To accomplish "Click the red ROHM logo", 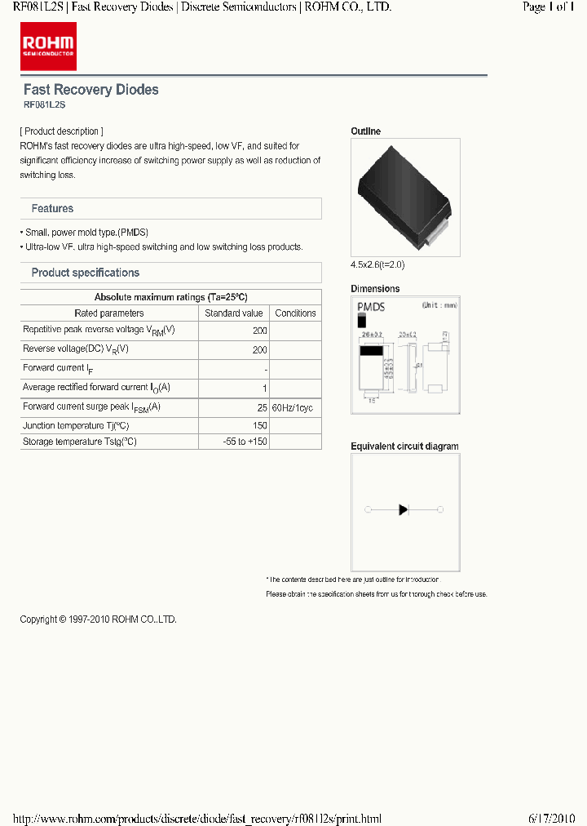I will click(48, 47).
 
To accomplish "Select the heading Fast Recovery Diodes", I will click(90, 90).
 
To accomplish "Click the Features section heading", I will click(52, 209).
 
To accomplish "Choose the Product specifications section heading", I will click(85, 273).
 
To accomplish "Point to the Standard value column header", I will click(234, 313).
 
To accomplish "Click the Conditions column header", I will click(295, 313).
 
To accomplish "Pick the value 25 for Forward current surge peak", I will click(262, 406).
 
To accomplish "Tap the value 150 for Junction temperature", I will click(259, 426).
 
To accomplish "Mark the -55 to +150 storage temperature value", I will click(245, 442).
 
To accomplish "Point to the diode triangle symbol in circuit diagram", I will click(404, 510).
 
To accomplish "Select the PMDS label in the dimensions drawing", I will click(372, 307).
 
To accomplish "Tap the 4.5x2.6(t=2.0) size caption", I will click(377, 264).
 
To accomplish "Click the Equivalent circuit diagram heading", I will click(404, 446).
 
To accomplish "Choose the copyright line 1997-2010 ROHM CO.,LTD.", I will click(98, 619).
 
